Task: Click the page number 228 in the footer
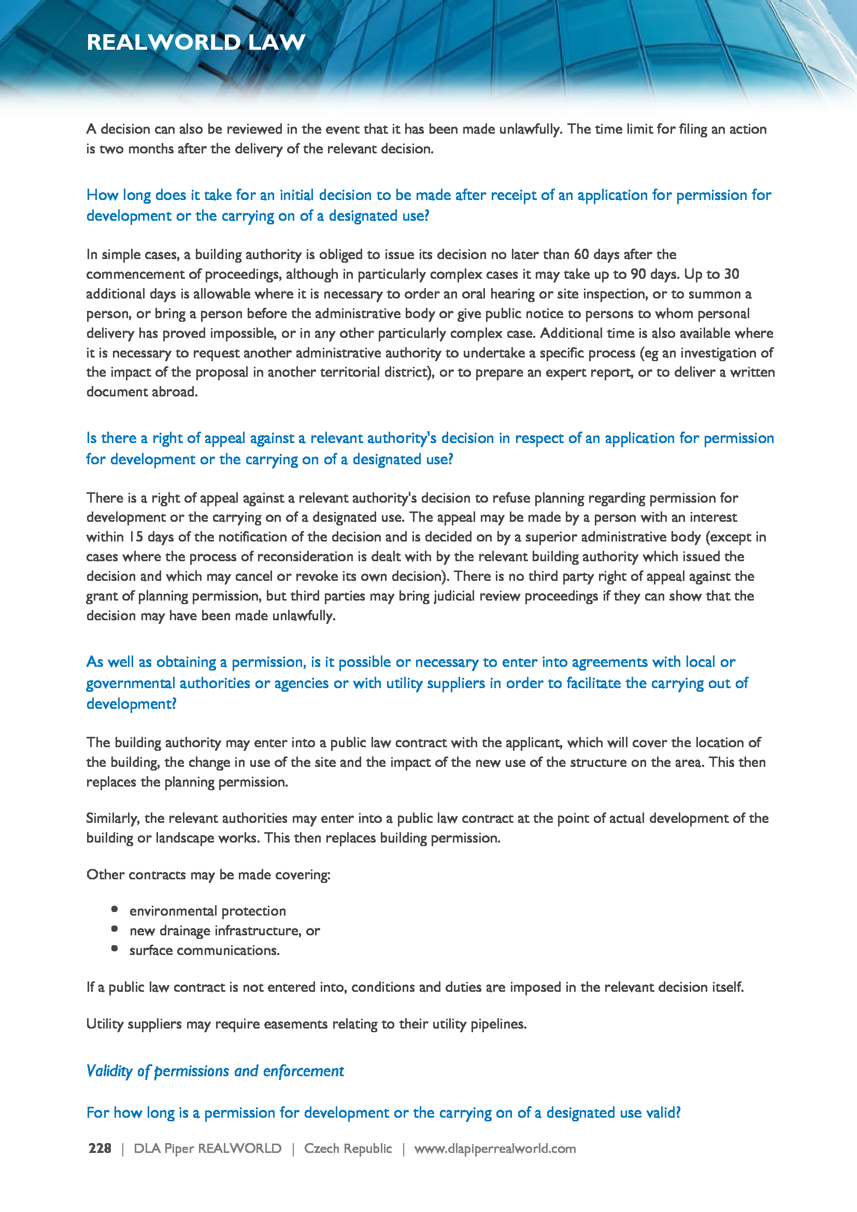99,1148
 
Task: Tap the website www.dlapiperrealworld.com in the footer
494,1148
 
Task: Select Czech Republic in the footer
348,1148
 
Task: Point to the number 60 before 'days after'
581,254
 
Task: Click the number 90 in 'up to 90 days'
638,274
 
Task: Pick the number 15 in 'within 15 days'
136,537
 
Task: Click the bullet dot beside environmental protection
115,909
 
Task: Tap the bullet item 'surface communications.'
204,950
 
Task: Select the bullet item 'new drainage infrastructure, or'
224,931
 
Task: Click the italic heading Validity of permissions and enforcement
215,1071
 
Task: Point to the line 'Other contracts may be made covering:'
208,875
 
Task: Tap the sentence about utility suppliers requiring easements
306,1023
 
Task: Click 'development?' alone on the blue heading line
132,704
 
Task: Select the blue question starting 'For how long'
383,1112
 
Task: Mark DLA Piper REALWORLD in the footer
207,1148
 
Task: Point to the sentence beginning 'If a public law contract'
415,987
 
